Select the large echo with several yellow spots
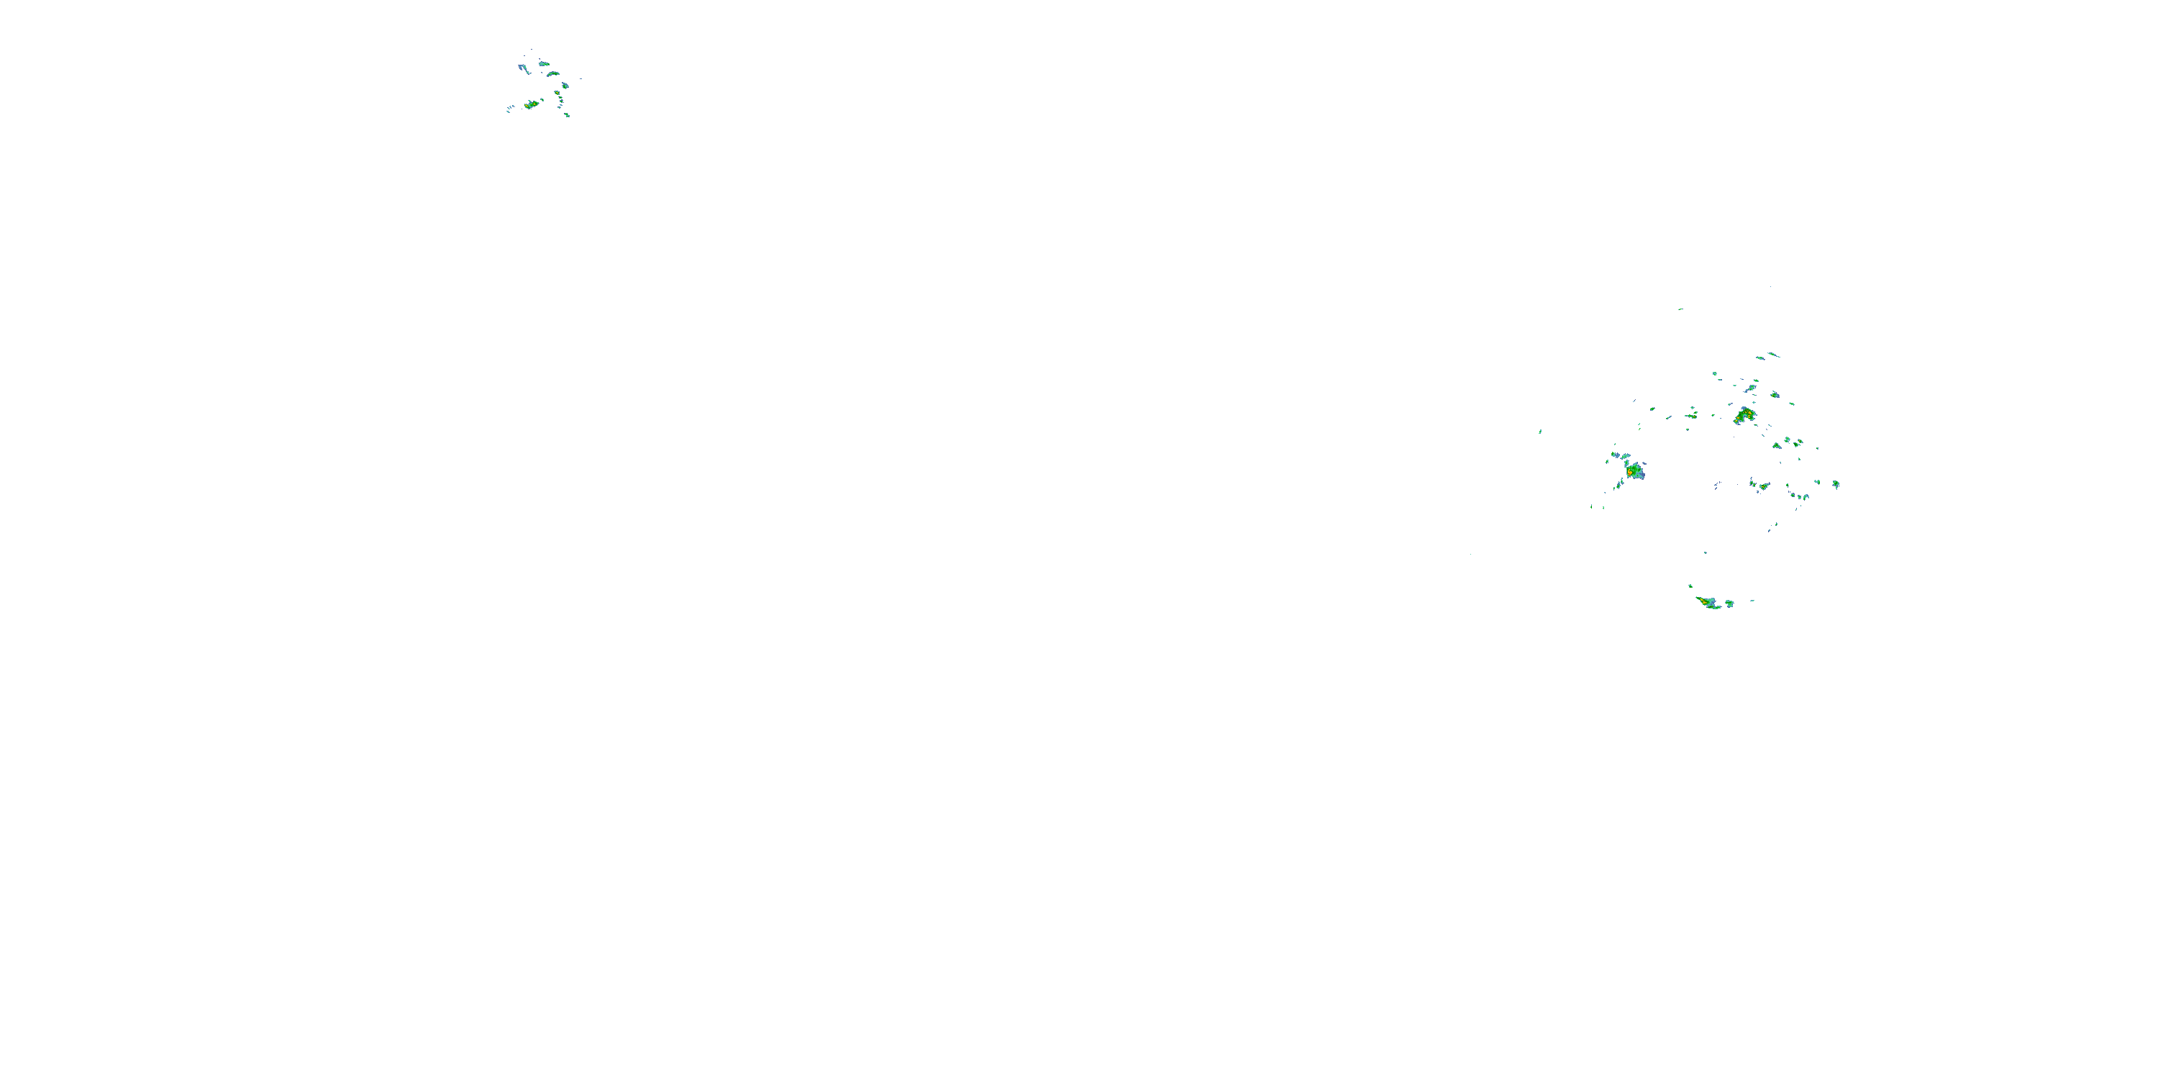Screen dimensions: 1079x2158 [1745, 414]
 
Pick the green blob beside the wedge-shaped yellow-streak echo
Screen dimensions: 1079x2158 [1729, 604]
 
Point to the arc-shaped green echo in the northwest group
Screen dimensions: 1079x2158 [553, 73]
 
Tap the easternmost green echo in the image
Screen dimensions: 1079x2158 [1836, 484]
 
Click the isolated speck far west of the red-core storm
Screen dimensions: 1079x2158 [1540, 432]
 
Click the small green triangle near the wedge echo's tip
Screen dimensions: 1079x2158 [1690, 586]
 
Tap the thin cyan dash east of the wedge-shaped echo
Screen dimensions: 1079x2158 [1752, 601]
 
